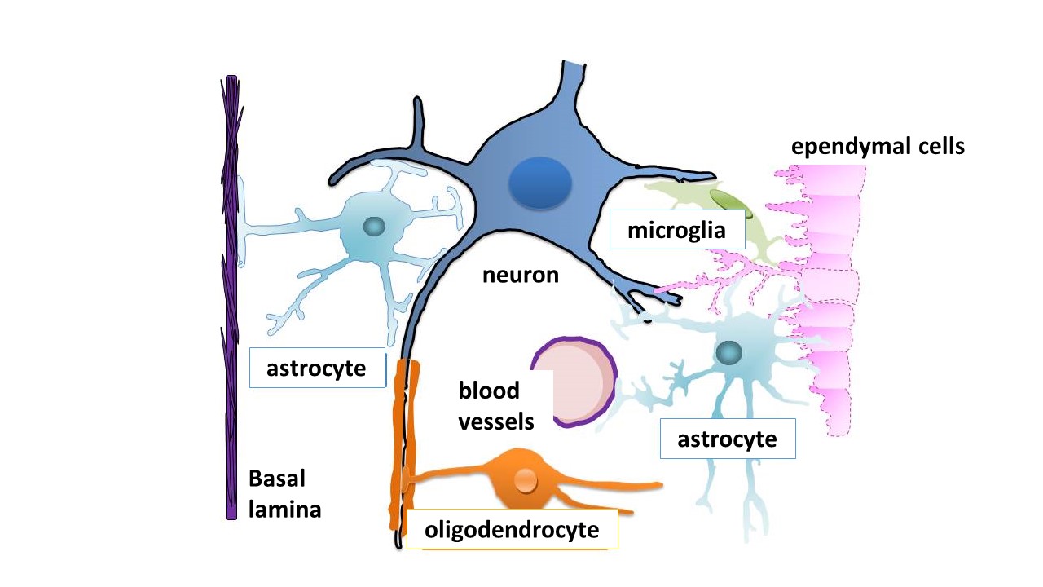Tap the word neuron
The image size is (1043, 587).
coord(521,275)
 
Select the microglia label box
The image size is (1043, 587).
coord(676,230)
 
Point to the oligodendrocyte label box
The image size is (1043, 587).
coord(511,531)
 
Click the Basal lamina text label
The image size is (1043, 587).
coord(284,494)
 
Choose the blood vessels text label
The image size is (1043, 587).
coord(496,406)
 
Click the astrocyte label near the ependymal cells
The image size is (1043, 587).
coord(727,439)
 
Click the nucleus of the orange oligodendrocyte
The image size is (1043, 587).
coord(526,481)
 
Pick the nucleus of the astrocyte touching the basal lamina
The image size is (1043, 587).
coord(374,227)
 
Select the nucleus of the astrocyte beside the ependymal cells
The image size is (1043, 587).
coord(728,353)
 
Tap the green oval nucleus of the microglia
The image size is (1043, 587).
coord(727,201)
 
